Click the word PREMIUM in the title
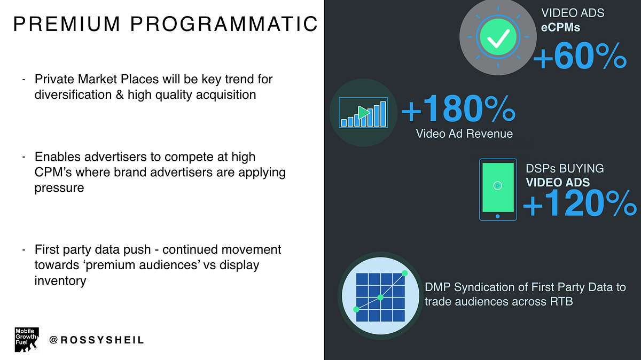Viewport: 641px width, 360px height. click(x=66, y=24)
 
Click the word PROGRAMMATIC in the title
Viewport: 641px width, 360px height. click(x=224, y=24)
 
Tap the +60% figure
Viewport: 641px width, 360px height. click(x=580, y=56)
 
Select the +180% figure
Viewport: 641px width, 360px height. click(x=458, y=109)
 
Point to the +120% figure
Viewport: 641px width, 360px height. click(x=580, y=203)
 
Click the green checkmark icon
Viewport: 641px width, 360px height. click(x=498, y=37)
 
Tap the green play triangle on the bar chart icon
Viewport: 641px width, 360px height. click(x=364, y=113)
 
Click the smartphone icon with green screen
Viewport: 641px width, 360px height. click(x=498, y=190)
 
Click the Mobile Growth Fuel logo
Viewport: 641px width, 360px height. click(x=27, y=340)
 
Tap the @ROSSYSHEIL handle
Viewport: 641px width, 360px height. click(x=97, y=340)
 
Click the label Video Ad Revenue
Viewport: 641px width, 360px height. click(x=464, y=134)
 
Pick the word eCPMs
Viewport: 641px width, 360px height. click(x=560, y=27)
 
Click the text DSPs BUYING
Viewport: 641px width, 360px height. click(x=565, y=169)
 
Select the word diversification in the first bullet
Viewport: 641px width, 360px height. click(x=73, y=95)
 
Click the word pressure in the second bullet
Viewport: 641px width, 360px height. click(x=59, y=188)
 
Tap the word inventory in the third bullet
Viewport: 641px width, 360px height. click(x=60, y=280)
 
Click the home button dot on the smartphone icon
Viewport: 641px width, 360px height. click(x=498, y=216)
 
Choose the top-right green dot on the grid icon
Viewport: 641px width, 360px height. click(x=405, y=273)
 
